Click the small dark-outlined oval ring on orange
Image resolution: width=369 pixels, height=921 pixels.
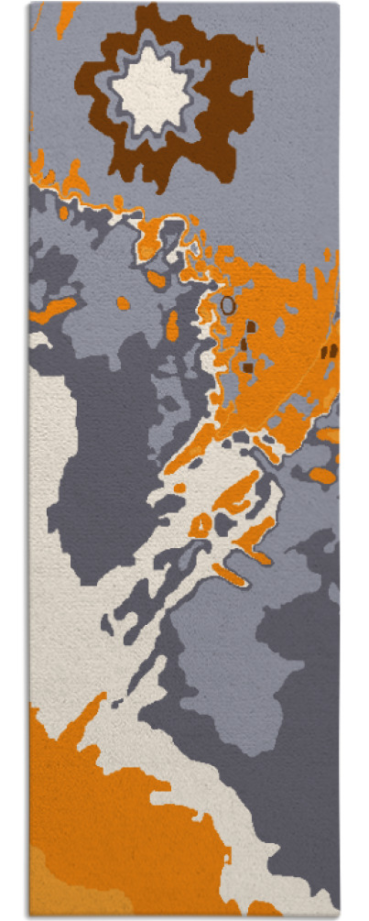pos(228,303)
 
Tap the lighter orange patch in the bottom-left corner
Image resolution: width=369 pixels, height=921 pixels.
pos(46,880)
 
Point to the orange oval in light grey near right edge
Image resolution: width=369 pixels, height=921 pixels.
pos(322,475)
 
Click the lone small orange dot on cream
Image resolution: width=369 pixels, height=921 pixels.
pos(179,487)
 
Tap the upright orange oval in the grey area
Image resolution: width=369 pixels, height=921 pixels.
pos(173,322)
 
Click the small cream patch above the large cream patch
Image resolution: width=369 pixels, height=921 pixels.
pos(38,340)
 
